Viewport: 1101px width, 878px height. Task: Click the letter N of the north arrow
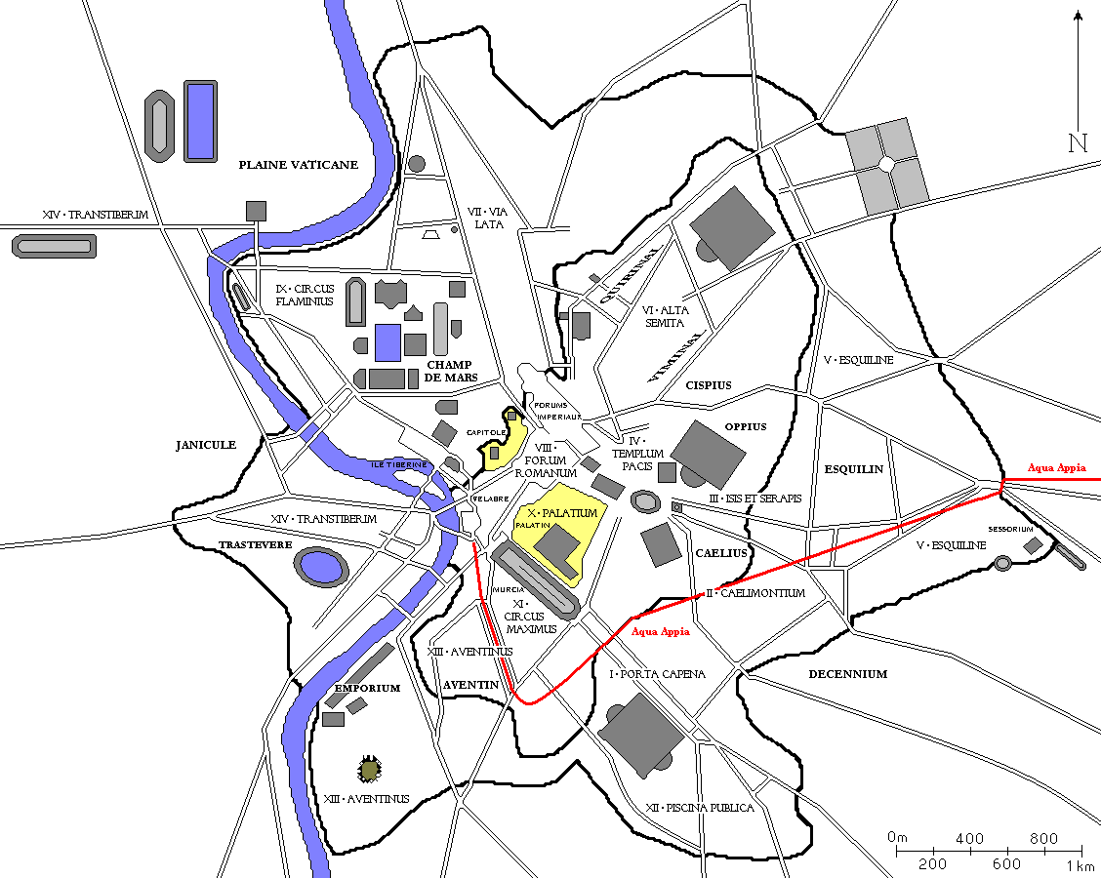tap(1078, 143)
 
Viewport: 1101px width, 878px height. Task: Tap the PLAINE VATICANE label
tap(299, 165)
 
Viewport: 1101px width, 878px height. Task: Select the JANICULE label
tap(206, 445)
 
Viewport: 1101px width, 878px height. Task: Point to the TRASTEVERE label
tap(256, 544)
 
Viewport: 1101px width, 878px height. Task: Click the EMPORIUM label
tap(368, 688)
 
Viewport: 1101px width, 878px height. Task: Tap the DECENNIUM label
tap(847, 674)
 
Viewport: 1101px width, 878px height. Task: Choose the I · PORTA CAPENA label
tap(657, 674)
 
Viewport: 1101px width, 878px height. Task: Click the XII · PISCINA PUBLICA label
tap(700, 808)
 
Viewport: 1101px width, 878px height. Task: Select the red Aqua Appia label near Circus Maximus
tap(661, 632)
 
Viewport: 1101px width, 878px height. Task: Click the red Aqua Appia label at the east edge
tap(1056, 468)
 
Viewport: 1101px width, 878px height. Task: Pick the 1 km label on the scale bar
tap(1080, 864)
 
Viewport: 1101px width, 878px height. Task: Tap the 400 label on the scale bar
tap(969, 839)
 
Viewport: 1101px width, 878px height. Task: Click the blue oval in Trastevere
tap(319, 567)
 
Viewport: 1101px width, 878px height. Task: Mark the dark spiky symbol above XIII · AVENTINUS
tap(369, 770)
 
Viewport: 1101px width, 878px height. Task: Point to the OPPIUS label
tap(746, 426)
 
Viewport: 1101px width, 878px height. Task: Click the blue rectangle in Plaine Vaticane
tap(200, 121)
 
